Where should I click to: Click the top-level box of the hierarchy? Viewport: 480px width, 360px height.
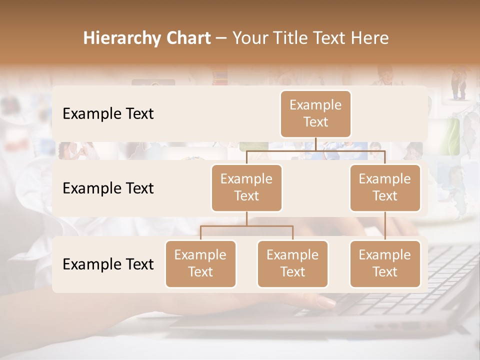[315, 113]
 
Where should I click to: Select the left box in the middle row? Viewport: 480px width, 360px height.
[246, 187]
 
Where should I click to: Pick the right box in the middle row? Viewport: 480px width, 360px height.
[385, 187]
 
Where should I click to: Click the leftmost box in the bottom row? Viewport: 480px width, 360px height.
[200, 263]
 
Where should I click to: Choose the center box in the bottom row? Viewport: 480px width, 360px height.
[292, 263]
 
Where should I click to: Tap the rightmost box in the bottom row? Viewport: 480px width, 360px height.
[385, 263]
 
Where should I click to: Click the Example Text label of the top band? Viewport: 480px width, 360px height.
[108, 114]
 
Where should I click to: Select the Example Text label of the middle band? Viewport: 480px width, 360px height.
[108, 188]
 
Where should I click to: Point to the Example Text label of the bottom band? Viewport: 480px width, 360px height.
[108, 264]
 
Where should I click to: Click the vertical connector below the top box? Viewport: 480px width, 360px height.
[316, 144]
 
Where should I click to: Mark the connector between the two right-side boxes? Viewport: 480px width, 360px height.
[385, 226]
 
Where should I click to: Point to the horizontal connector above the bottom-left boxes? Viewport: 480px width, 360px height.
[246, 226]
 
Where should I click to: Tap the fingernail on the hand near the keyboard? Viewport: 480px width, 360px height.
[327, 301]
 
